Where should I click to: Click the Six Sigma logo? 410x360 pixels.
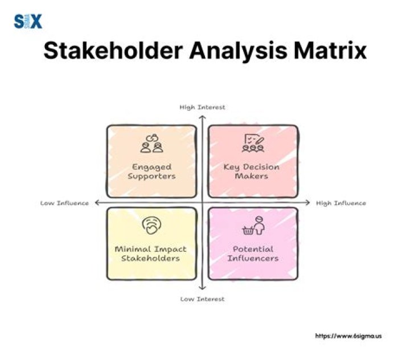pos(28,22)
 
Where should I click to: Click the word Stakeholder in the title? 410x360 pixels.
pos(112,51)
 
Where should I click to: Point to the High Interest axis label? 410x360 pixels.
pos(202,107)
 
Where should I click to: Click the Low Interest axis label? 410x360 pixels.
pos(202,298)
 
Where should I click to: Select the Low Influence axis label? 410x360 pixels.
pos(64,203)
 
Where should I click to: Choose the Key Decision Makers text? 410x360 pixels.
pos(252,171)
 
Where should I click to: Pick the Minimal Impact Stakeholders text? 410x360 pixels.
pos(151,253)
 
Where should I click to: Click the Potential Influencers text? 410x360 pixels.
pos(252,253)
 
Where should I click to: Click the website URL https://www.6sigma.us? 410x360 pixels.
pos(348,336)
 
